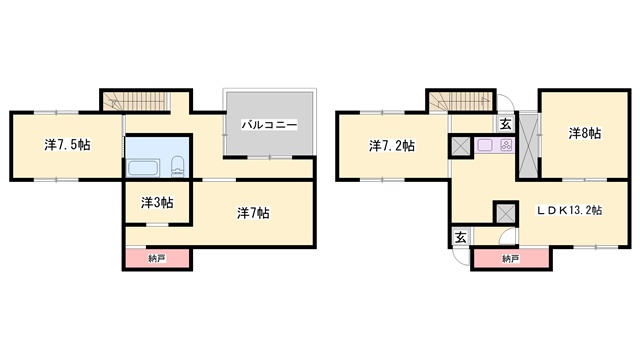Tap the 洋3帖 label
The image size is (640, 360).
click(156, 202)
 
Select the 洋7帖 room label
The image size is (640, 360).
click(252, 213)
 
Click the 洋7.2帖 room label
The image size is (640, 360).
click(392, 146)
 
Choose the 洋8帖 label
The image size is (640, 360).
click(585, 132)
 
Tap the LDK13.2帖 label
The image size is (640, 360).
click(568, 211)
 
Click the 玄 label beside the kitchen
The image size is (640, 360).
click(506, 124)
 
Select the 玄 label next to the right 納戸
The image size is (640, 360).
click(461, 237)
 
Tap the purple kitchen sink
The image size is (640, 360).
click(487, 146)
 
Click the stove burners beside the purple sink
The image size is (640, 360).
click(506, 146)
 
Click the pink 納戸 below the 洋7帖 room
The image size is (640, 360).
click(157, 259)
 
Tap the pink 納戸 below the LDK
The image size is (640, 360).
click(510, 259)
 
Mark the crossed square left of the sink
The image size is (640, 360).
click(461, 146)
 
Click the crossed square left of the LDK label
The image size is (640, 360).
click(506, 213)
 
